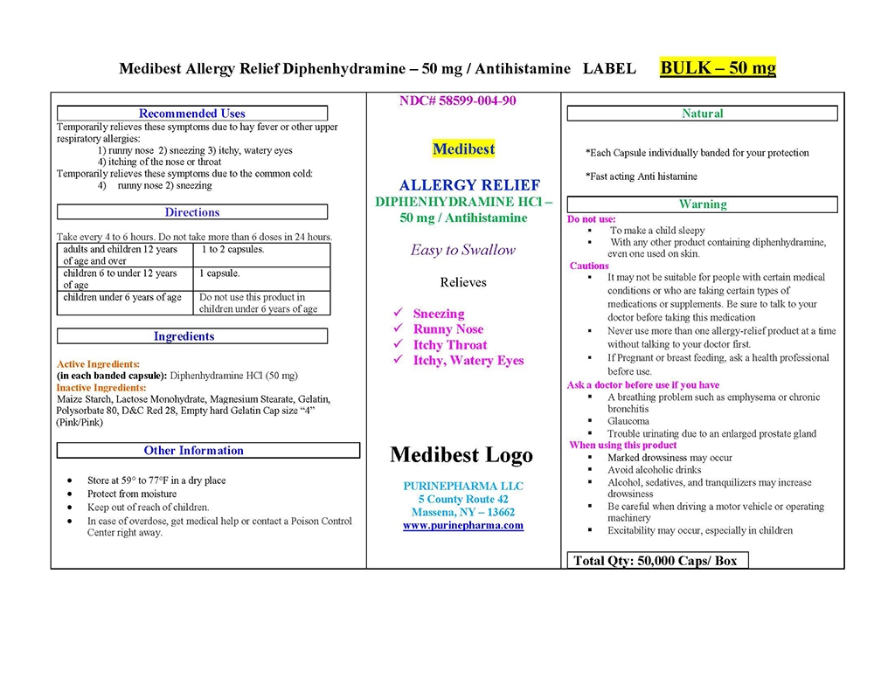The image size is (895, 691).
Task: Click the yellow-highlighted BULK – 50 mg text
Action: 718,67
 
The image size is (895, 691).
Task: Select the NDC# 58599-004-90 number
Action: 457,100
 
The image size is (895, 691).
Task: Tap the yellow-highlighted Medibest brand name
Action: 463,149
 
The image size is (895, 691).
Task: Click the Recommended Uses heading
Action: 192,114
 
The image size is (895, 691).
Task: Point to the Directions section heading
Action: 192,212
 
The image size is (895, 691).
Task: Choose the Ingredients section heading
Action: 184,336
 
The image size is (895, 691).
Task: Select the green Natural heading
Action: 703,114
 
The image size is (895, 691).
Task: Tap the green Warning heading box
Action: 703,204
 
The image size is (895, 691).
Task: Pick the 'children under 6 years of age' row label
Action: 122,298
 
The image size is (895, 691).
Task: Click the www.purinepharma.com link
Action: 463,526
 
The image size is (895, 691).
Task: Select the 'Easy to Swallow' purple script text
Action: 463,250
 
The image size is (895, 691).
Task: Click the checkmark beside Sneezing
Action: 399,314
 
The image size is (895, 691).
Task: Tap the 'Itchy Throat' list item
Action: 450,345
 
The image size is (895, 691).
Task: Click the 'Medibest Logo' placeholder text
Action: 461,455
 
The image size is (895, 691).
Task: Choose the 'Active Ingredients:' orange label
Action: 98,364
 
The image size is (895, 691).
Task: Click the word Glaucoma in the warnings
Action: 628,421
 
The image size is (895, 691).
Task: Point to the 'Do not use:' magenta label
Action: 592,219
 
